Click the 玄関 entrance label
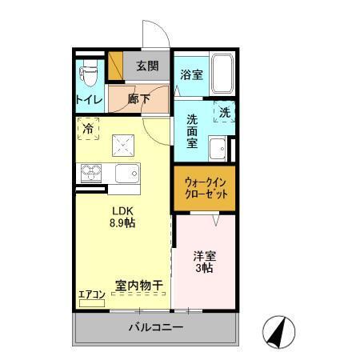tap(146, 66)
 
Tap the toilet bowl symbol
tap(88, 76)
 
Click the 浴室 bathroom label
tap(191, 76)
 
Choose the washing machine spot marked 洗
tap(224, 113)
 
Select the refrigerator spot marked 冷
tap(88, 128)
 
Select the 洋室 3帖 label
tap(203, 262)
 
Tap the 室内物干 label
tap(139, 285)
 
